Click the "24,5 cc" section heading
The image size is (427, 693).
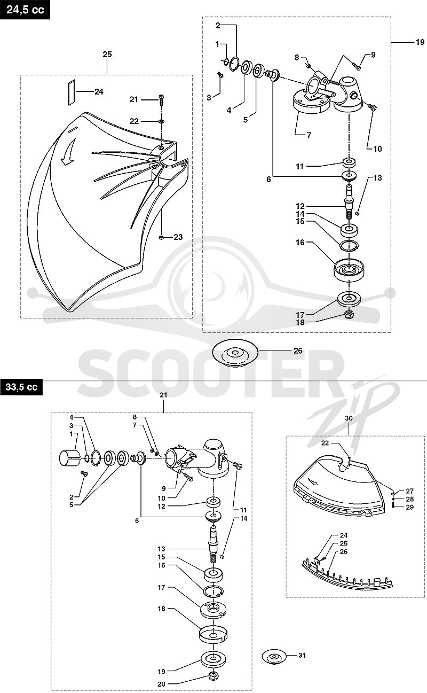click(x=25, y=10)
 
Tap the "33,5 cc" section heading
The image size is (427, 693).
click(x=21, y=387)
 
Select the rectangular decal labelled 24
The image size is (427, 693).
click(x=72, y=92)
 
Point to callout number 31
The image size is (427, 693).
click(x=302, y=655)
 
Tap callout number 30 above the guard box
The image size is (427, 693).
click(x=349, y=418)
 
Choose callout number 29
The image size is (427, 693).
click(x=410, y=507)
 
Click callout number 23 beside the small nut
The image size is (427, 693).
click(x=178, y=237)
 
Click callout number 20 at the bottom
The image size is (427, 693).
click(x=162, y=684)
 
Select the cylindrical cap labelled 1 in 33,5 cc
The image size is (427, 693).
click(x=69, y=458)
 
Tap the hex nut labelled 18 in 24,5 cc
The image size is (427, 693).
click(x=349, y=315)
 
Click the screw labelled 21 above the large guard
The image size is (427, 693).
click(x=161, y=99)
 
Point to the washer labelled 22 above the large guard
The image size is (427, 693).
click(x=161, y=121)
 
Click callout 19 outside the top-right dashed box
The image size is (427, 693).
click(x=420, y=42)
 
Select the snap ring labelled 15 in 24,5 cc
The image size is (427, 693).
click(x=349, y=246)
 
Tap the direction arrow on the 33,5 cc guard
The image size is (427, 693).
click(x=314, y=482)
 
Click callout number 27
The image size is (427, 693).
click(x=410, y=491)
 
